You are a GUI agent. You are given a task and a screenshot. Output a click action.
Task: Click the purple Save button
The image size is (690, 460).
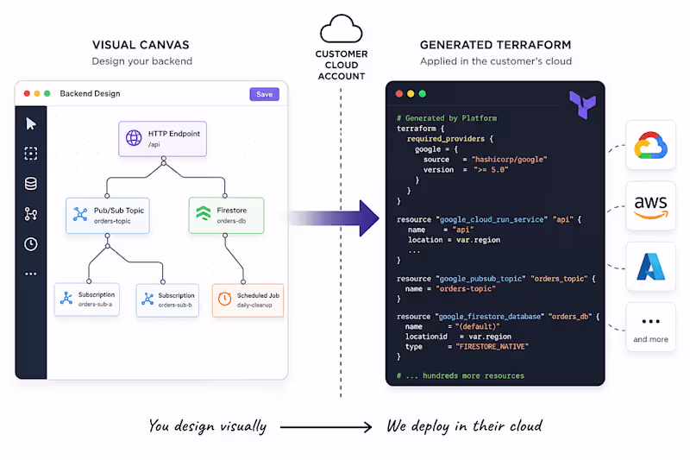tap(265, 94)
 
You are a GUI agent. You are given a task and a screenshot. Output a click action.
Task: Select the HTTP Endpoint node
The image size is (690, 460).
tap(162, 139)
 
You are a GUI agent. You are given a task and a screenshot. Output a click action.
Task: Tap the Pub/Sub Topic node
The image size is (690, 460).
tap(108, 215)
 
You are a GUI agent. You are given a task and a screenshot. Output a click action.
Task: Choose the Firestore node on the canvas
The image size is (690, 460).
tap(226, 215)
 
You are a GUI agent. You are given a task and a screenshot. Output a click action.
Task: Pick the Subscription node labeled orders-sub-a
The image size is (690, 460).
tap(87, 299)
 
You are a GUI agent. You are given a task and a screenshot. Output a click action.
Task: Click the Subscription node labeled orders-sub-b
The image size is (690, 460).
tap(167, 300)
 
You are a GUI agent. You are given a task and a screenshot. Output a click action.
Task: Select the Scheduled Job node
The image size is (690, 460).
tap(248, 300)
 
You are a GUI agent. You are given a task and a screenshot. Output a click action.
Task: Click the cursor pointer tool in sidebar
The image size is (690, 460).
tap(31, 123)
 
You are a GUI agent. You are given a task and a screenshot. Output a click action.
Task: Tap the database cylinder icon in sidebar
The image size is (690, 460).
tap(31, 184)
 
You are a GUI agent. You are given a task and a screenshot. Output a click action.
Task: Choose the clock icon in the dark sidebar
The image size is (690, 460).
tap(31, 244)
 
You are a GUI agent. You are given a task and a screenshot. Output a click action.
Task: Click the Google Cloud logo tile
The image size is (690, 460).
tap(650, 145)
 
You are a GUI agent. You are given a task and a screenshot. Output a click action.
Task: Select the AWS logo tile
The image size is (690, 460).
tap(650, 205)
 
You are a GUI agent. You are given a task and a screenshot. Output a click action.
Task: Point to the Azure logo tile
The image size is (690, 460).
tap(650, 267)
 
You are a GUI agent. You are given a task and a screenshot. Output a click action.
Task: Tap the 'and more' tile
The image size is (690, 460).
tap(650, 326)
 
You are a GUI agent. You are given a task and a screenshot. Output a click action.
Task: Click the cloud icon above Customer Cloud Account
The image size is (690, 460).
tap(342, 28)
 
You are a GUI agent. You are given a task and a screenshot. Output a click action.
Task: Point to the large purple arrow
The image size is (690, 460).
tap(335, 218)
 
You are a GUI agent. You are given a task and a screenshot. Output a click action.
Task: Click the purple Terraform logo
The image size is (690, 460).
tap(583, 104)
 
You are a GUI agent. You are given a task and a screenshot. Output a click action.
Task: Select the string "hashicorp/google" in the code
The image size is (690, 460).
tap(509, 160)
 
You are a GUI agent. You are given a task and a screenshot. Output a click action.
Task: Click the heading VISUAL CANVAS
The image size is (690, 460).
tap(141, 45)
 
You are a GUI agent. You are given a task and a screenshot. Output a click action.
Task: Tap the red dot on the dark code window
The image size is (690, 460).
tap(399, 94)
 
